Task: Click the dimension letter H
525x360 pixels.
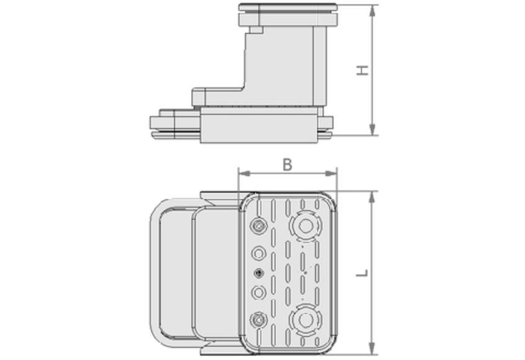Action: (362, 70)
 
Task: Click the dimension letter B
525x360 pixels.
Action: (287, 164)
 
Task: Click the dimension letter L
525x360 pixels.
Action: (362, 273)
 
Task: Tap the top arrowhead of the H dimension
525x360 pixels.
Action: (372, 11)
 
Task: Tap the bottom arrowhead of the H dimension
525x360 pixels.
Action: (372, 129)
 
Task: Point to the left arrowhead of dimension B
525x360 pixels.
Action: (245, 173)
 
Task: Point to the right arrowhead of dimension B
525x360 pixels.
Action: (331, 173)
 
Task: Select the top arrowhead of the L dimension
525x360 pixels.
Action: (372, 197)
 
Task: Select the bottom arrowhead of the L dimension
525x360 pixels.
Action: (372, 348)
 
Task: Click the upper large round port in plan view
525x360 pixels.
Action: (305, 226)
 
